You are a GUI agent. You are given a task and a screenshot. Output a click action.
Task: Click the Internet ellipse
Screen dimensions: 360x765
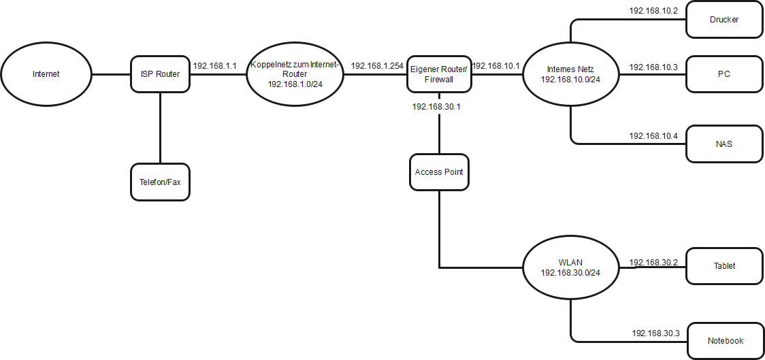coord(46,74)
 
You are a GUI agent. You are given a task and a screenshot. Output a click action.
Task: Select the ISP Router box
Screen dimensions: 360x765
coord(160,74)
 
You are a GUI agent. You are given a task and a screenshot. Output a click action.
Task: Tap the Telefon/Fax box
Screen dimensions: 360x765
coord(160,182)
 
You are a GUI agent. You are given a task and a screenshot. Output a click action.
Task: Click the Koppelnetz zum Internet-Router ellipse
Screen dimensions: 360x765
coord(295,74)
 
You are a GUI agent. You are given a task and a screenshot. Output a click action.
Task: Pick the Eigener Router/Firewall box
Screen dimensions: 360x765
coord(439,74)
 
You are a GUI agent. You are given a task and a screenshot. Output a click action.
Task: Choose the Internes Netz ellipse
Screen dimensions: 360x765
coord(570,74)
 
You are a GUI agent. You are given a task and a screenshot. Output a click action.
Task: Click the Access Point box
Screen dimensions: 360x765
coord(439,172)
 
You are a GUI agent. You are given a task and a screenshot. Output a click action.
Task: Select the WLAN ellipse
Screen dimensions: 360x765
coord(570,266)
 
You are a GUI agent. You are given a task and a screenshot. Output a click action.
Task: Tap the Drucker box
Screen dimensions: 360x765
coord(723,20)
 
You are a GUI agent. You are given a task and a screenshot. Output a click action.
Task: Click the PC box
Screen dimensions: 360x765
coord(723,74)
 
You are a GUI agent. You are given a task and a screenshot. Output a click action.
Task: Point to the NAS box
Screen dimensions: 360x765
coord(723,144)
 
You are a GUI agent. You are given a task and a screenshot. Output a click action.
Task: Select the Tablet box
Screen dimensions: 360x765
coord(723,266)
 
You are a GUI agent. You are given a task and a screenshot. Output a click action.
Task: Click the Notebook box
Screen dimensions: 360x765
coord(725,341)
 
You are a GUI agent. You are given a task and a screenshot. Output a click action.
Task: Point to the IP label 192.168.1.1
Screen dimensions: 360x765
coord(214,66)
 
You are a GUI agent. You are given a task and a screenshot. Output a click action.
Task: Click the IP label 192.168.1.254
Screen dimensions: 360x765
coord(376,66)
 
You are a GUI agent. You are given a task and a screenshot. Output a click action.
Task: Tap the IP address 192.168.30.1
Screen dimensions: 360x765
coord(437,107)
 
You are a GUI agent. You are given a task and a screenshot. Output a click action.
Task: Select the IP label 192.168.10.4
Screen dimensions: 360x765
coord(653,135)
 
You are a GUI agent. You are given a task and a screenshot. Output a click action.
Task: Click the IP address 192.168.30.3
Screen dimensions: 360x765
coord(655,333)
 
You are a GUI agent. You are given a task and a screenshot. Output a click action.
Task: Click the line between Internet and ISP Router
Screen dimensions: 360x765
coord(111,74)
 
